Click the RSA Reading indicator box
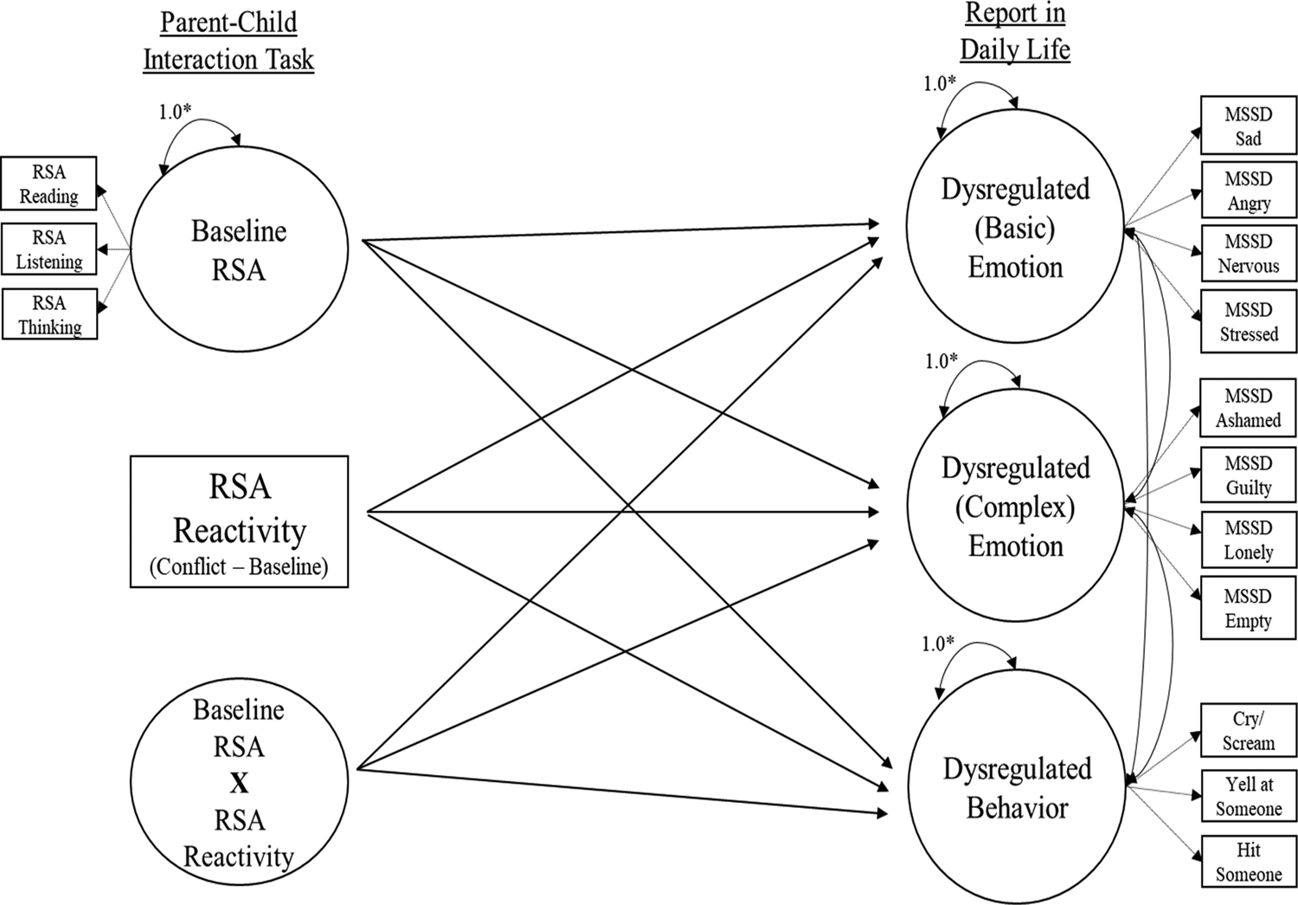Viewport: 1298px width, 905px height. pos(48,184)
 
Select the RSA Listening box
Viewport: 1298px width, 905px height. pos(48,249)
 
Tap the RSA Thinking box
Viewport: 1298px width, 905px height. pos(49,314)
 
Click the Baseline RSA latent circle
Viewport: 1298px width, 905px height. pos(239,250)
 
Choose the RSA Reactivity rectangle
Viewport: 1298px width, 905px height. pos(239,522)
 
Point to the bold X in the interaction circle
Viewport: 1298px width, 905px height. pos(239,783)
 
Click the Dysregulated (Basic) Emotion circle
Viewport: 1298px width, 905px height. pos(1015,228)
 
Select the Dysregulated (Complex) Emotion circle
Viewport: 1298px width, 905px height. pos(1015,507)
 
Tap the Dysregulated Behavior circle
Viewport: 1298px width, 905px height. pos(1017,788)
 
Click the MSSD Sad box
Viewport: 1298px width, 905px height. pos(1248,126)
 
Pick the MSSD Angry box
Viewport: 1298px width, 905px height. pos(1248,191)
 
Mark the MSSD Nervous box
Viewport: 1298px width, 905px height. pos(1248,254)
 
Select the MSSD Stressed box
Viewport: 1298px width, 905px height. pos(1248,322)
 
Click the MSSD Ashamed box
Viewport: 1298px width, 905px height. pos(1248,408)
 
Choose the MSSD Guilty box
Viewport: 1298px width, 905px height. pos(1248,475)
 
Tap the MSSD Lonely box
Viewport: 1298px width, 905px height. pos(1248,540)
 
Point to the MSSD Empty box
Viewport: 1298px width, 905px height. pos(1248,609)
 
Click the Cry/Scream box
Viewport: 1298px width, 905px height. pos(1248,731)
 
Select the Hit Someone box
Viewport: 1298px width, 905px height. pos(1248,862)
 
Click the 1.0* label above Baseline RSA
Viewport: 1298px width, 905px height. pos(175,112)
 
